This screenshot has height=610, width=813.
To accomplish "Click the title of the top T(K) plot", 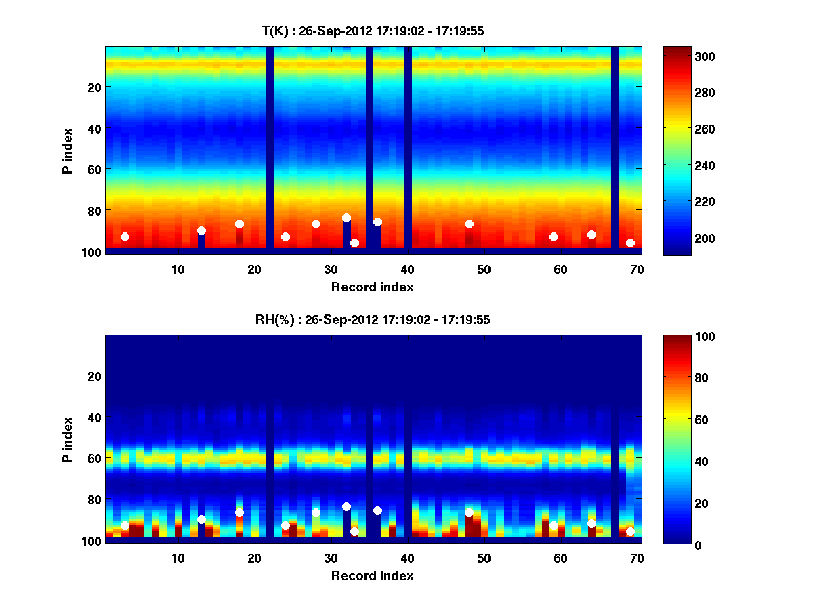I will click(373, 31).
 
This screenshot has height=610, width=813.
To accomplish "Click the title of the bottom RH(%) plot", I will click(373, 320).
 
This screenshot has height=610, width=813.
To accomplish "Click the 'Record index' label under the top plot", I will click(373, 287).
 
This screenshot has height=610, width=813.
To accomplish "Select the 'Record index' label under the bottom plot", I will click(373, 575).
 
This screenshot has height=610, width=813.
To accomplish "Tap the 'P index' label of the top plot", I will click(68, 150).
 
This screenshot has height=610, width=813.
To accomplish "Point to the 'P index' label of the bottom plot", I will click(68, 439).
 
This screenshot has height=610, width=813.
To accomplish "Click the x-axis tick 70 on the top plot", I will click(637, 269).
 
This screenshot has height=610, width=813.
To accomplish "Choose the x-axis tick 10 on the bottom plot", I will click(178, 558).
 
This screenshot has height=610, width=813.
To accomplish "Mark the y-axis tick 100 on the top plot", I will click(92, 252).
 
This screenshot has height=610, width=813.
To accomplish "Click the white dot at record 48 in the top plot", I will click(469, 224).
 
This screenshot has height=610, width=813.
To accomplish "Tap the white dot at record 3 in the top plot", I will click(125, 237).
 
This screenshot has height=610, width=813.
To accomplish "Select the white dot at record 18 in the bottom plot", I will click(239, 512).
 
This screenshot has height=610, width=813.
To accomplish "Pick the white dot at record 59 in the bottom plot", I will click(554, 525).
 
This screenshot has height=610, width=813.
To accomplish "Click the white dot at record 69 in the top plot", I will click(630, 243).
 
